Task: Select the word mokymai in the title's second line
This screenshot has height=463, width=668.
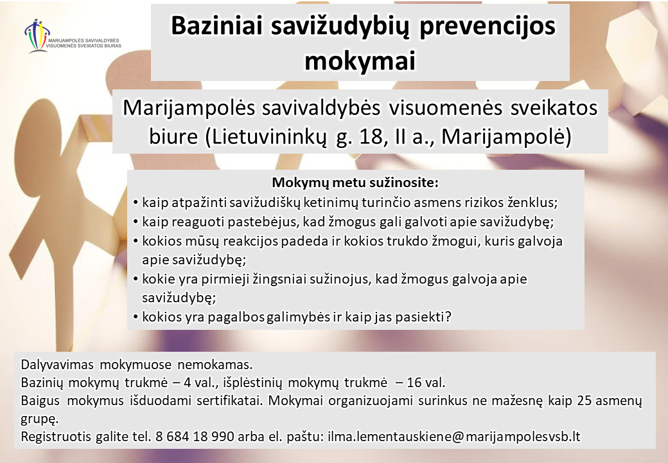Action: tap(360, 61)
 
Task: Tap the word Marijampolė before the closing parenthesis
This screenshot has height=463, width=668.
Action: tap(502, 137)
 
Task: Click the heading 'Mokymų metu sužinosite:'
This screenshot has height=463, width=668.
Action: tap(355, 183)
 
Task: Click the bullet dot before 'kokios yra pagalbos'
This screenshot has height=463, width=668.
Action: tap(136, 318)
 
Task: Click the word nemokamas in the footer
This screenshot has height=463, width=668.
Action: tap(215, 365)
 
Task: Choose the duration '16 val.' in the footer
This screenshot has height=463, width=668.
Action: tap(426, 382)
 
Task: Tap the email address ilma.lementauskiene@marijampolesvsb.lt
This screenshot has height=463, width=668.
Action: tap(454, 437)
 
